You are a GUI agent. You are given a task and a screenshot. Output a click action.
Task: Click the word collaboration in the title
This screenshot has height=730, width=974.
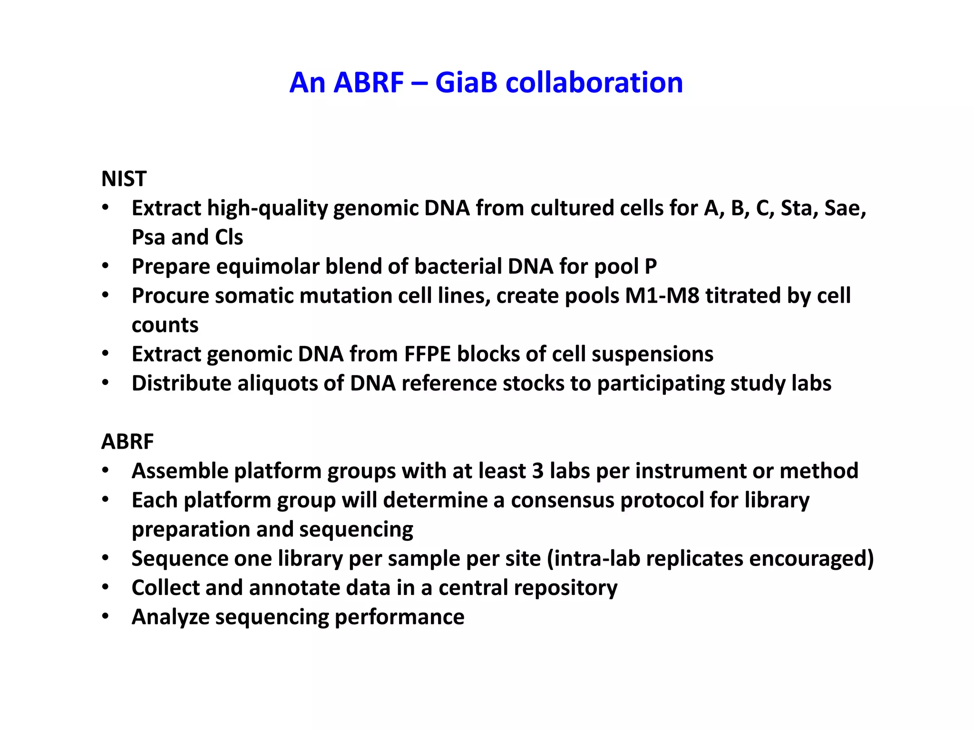click(594, 83)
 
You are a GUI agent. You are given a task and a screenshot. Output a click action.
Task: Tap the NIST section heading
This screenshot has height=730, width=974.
click(124, 179)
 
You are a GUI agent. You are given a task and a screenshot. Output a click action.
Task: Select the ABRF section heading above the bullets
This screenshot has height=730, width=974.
click(127, 442)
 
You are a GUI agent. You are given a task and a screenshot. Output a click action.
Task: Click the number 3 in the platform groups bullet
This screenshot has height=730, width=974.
click(537, 471)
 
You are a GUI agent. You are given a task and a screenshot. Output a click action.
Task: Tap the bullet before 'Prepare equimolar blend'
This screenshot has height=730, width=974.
click(105, 266)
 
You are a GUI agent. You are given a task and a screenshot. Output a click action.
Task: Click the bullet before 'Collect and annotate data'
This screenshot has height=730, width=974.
click(105, 587)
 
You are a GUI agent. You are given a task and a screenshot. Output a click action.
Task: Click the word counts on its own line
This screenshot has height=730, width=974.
click(165, 325)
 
